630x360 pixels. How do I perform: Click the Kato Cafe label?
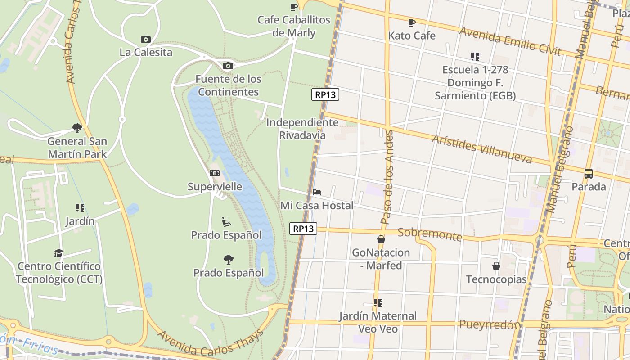point(412,36)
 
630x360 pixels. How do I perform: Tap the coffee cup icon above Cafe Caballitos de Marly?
point(293,7)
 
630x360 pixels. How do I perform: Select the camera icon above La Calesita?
point(145,39)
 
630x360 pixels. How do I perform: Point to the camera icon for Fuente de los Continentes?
point(228,66)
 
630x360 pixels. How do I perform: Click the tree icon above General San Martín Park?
point(77,128)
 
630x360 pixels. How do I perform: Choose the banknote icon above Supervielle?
point(215,173)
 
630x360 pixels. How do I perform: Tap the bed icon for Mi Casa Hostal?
point(317,192)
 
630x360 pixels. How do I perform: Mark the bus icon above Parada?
point(588,174)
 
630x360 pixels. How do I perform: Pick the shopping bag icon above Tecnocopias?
point(496,266)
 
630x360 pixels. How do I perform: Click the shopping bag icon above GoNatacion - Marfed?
point(381,239)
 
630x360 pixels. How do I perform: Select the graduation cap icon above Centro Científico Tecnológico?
point(58,253)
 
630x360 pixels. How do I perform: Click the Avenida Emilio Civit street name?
point(510,41)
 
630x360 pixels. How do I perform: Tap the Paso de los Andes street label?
point(387,177)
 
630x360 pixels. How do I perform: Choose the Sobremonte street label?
point(430,234)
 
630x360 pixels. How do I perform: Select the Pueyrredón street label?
point(490,324)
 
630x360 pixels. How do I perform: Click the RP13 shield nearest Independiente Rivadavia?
point(325,94)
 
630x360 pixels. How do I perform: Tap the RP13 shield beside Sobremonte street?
point(303,229)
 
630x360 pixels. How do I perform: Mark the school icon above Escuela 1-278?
point(475,57)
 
